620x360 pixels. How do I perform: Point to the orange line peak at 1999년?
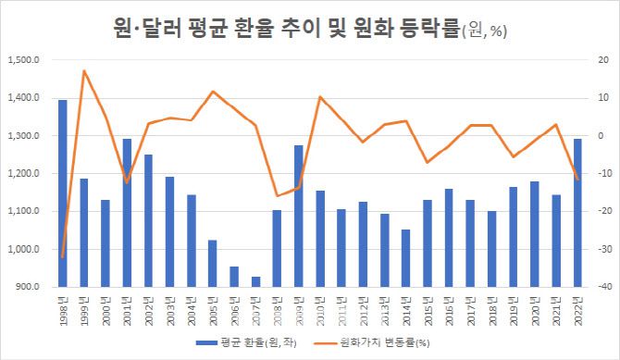[84, 70]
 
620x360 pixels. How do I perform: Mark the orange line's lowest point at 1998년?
[63, 256]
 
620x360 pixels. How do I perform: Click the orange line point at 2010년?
[319, 97]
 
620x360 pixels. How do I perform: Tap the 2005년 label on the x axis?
[212, 304]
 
